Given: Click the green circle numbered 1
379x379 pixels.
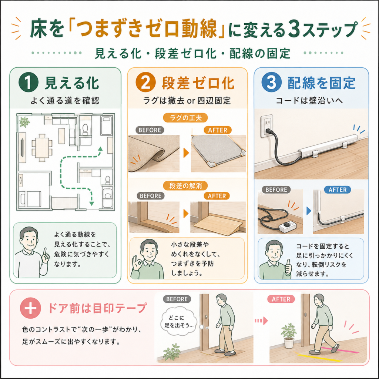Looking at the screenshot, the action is pos(28,83).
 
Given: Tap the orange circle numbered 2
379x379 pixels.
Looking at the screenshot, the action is pos(145,83).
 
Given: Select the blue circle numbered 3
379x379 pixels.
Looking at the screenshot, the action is pos(271,82).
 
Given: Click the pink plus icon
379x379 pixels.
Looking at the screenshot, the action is pos(30,308).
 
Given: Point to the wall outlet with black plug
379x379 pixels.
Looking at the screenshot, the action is pos(267,126).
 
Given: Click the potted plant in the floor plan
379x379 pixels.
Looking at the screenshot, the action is pos(24,121).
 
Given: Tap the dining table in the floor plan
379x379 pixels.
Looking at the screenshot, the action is pos(42,147).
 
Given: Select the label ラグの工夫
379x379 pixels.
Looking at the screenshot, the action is pos(185,118).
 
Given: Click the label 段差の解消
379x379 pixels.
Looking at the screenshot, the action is pos(185,186).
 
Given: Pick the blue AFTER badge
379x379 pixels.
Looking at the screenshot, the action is pos(338,190).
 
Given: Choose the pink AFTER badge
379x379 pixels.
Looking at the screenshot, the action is pos(281,299).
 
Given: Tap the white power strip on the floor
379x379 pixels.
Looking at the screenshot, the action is pos(288,227).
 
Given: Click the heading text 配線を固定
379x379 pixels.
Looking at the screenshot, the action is pos(322,83).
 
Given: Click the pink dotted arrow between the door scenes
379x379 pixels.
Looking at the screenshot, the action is pos(261,321).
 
